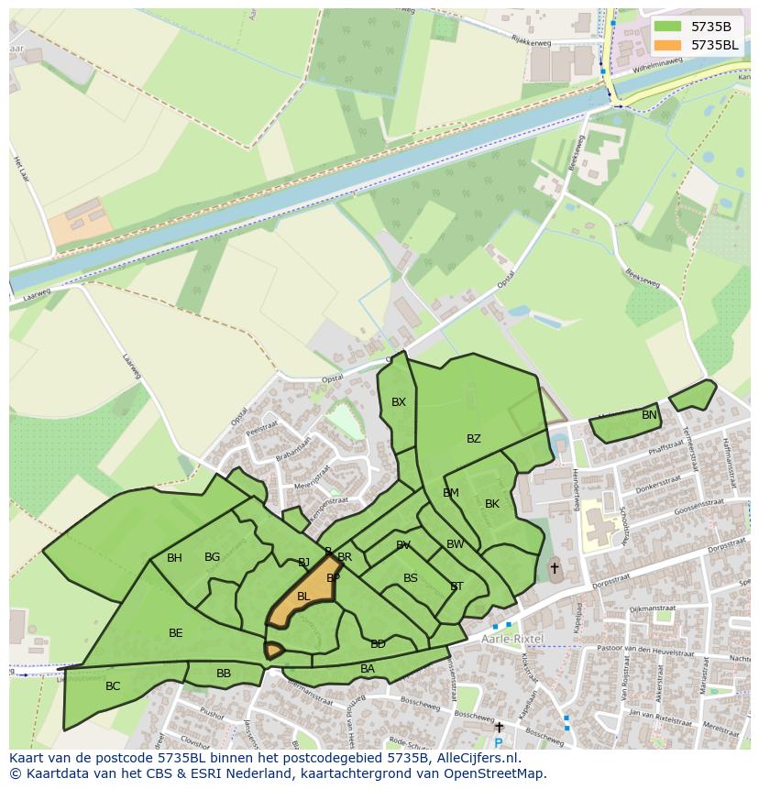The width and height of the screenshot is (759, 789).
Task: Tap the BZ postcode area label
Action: [473, 439]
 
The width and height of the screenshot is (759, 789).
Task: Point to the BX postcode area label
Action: [398, 402]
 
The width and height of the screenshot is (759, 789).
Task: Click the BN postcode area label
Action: [649, 415]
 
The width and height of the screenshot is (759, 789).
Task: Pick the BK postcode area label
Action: [492, 504]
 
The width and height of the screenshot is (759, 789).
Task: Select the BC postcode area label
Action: [113, 685]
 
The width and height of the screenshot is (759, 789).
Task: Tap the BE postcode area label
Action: [176, 633]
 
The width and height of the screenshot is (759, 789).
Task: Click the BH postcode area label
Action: [174, 558]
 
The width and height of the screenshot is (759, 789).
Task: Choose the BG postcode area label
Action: [212, 557]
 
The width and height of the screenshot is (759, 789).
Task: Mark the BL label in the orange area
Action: [303, 597]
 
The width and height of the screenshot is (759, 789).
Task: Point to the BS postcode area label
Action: [411, 578]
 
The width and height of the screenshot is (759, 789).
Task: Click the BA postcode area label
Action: [368, 669]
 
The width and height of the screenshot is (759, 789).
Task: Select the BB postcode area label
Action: [224, 674]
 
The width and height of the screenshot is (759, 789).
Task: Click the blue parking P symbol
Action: [498, 742]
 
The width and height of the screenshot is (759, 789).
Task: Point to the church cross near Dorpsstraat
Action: [554, 568]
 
